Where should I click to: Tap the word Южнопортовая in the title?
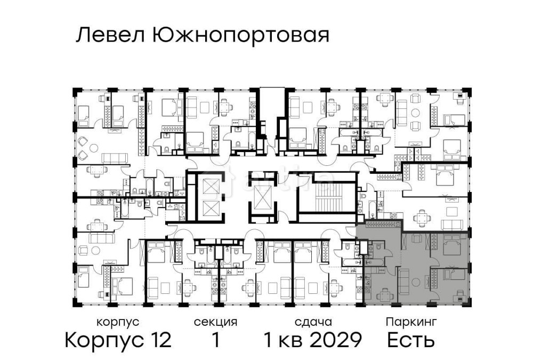coord(240,36)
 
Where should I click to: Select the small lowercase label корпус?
coord(118,322)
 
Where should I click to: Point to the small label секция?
coord(215,322)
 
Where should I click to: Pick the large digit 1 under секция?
coord(215,340)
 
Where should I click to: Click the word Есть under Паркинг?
coord(411,340)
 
